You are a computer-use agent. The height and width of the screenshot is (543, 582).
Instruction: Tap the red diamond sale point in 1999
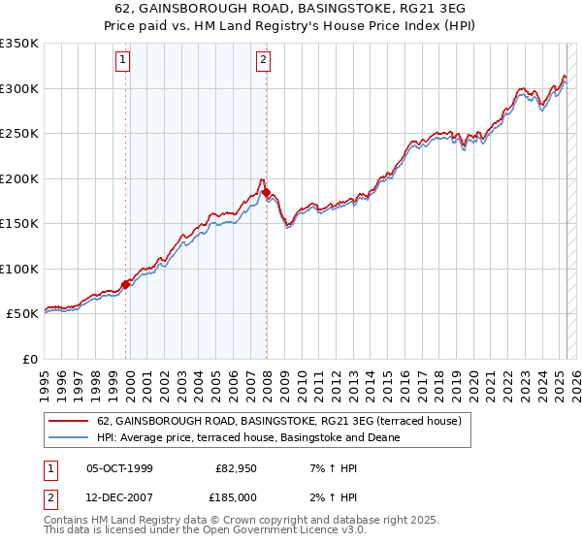[x=125, y=284]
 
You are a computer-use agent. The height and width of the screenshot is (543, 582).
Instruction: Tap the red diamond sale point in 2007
[x=266, y=193]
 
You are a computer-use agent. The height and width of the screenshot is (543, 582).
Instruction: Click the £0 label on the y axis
[x=28, y=359]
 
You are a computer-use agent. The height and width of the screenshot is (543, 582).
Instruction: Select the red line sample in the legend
[x=69, y=422]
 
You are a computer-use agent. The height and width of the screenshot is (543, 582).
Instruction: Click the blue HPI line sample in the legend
[x=69, y=437]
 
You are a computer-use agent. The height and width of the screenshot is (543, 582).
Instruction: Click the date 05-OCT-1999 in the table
[x=119, y=468]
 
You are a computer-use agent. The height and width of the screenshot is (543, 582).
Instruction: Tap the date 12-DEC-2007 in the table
[x=119, y=497]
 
